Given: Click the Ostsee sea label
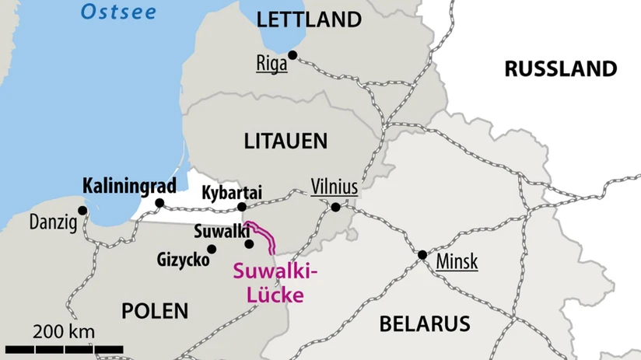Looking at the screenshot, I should click(x=119, y=12).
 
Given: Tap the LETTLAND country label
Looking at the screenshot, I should click(x=309, y=19).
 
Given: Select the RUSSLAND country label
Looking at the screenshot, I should click(x=560, y=68).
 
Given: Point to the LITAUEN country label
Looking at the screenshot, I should click(x=285, y=141).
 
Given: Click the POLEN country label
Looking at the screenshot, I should click(x=155, y=311).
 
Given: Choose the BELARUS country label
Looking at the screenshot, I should click(x=425, y=323).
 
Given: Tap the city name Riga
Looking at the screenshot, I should click(x=271, y=64).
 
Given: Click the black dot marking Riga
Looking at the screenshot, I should click(x=292, y=54).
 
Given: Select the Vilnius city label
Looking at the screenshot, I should click(x=334, y=187).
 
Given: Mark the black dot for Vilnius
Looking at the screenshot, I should click(x=335, y=207).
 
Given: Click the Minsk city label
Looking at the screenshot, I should click(x=457, y=260).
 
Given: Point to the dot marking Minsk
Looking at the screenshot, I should click(x=422, y=254).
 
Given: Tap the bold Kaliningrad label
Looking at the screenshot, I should click(x=128, y=186).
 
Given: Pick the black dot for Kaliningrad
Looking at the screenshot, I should click(x=159, y=203).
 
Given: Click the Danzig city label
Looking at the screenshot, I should click(x=53, y=223).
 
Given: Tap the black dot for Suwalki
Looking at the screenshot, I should click(x=249, y=243).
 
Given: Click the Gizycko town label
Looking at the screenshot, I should click(x=183, y=259).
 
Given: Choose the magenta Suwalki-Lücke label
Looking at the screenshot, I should click(x=276, y=282).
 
